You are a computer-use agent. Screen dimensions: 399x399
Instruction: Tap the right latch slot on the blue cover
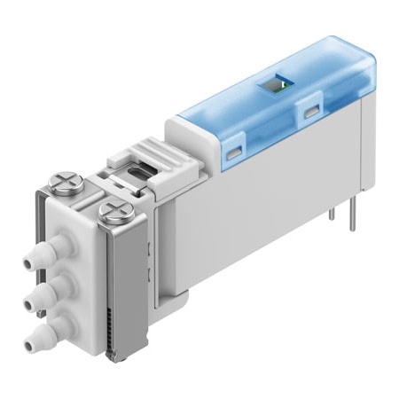(309, 110)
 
